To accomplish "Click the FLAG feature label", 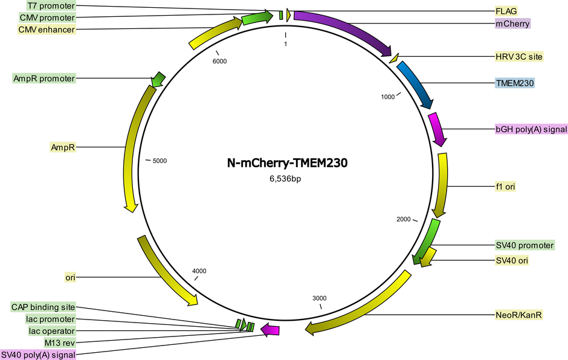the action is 506,11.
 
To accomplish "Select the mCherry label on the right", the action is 512,24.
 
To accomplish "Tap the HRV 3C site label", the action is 519,57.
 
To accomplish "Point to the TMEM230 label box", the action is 515,83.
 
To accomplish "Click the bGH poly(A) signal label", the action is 531,129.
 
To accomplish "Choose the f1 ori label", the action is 505,187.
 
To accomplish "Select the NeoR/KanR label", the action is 518,315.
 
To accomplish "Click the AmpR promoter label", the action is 44,79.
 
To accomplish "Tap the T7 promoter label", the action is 51,6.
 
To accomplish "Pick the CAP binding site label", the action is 43,307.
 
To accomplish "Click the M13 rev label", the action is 60,342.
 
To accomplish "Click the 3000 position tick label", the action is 319,298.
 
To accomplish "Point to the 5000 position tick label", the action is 160,161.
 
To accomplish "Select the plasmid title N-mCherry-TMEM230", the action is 287,163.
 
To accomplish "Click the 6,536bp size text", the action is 285,179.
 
